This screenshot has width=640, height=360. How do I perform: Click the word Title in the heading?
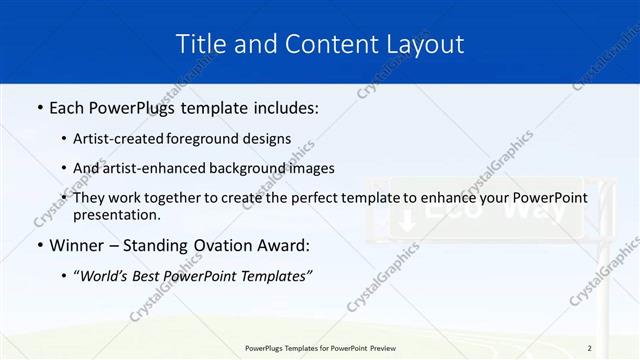coord(199,44)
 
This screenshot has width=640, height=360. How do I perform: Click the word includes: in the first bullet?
coord(283,107)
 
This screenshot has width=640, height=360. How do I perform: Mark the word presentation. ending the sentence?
coord(117,214)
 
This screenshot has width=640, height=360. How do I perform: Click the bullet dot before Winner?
coord(38,246)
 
